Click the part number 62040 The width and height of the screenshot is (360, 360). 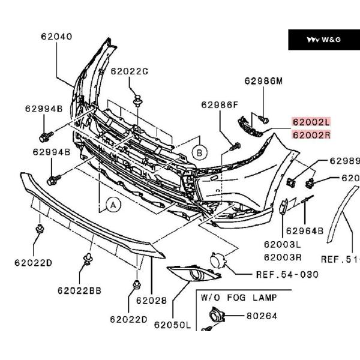(56, 36)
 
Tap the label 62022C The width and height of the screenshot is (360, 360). (130, 71)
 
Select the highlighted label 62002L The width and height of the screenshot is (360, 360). (311, 122)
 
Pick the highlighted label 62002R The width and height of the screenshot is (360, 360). (311, 134)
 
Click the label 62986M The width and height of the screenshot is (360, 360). (263, 82)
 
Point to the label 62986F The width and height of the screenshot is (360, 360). (220, 104)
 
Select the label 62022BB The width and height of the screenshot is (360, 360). (80, 290)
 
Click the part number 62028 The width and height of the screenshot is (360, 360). (151, 300)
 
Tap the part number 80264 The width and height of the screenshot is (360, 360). (261, 315)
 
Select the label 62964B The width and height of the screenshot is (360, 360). (304, 230)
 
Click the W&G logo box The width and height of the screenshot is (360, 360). (323, 40)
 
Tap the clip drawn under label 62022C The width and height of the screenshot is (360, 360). (138, 101)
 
